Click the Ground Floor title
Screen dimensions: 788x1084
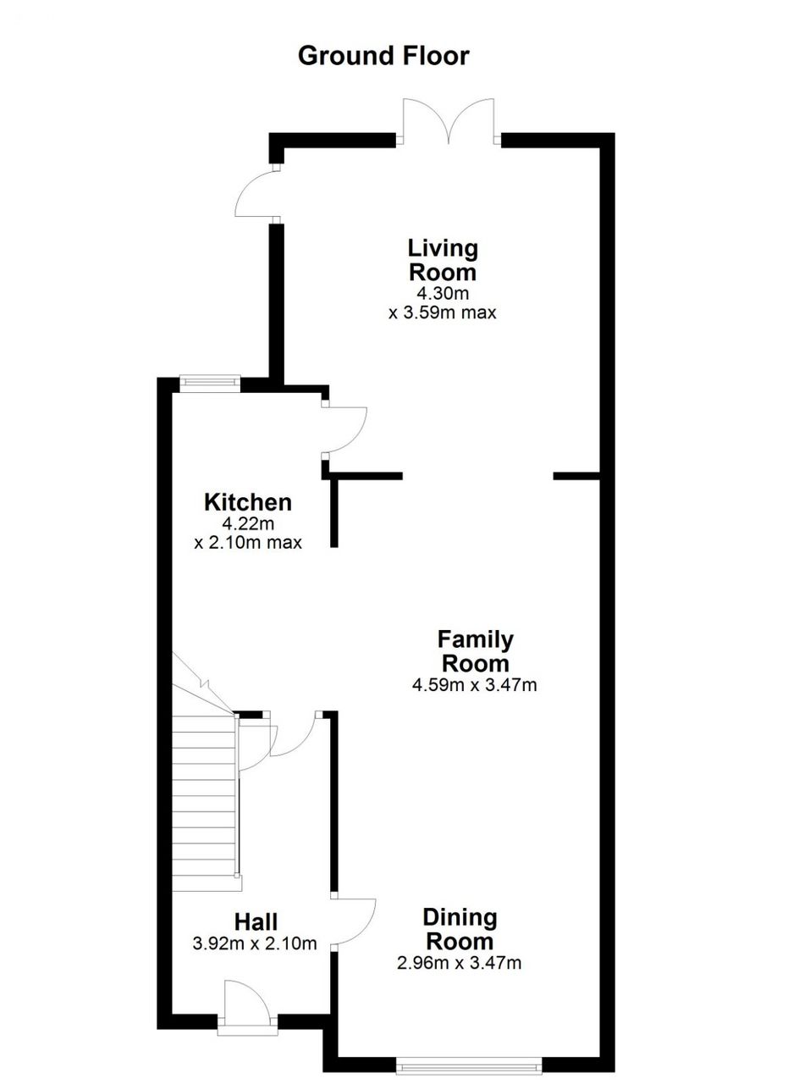pyautogui.click(x=383, y=56)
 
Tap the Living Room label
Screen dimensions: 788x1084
pyautogui.click(x=443, y=260)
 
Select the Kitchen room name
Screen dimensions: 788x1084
pyautogui.click(x=248, y=502)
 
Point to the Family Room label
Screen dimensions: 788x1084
pyautogui.click(x=475, y=651)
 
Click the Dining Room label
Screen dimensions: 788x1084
pyautogui.click(x=460, y=930)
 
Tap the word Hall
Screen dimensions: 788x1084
pyautogui.click(x=256, y=922)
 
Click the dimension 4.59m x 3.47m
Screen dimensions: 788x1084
pyautogui.click(x=475, y=685)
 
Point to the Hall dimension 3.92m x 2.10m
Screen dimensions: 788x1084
pyautogui.click(x=255, y=943)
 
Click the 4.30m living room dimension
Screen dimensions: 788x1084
pyautogui.click(x=444, y=293)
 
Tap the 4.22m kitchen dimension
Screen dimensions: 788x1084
pyautogui.click(x=248, y=523)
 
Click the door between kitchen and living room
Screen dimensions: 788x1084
pyautogui.click(x=344, y=428)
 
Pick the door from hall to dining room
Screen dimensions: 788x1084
pyautogui.click(x=355, y=922)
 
